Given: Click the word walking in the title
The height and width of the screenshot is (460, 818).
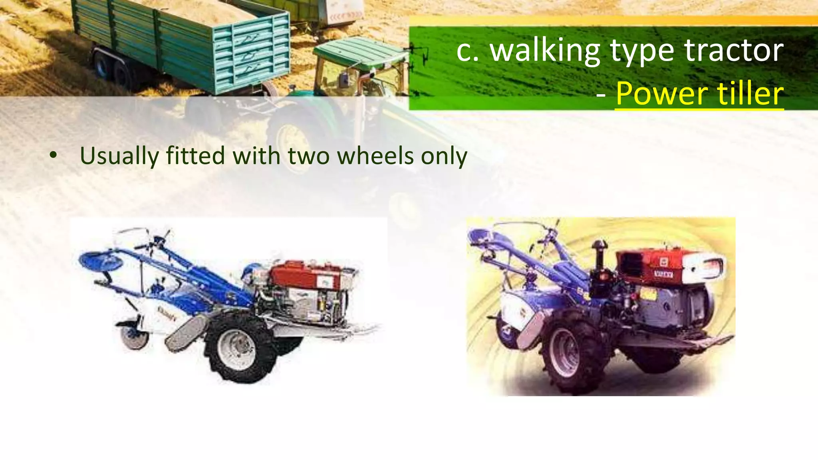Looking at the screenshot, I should pyautogui.click(x=545, y=51).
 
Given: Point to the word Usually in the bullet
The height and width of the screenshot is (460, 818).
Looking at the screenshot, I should pyautogui.click(x=119, y=156).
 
